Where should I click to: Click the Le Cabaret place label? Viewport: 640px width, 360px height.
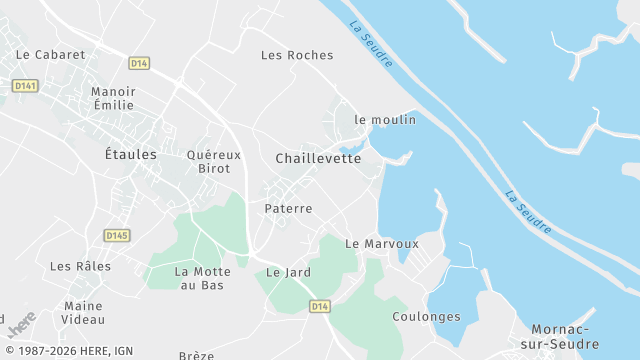pyautogui.click(x=52, y=55)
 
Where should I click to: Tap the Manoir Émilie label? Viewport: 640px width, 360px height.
pyautogui.click(x=113, y=98)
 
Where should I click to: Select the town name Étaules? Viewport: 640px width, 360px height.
pyautogui.click(x=131, y=154)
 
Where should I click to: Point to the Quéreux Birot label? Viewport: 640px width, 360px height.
pyautogui.click(x=214, y=161)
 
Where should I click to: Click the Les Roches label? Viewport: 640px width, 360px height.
pyautogui.click(x=297, y=55)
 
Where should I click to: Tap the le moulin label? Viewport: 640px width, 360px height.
pyautogui.click(x=385, y=119)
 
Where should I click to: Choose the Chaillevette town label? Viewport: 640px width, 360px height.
pyautogui.click(x=318, y=158)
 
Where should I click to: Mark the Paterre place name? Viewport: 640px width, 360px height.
pyautogui.click(x=289, y=209)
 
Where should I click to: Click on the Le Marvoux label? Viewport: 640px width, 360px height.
pyautogui.click(x=381, y=243)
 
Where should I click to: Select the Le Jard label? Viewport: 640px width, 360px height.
pyautogui.click(x=288, y=272)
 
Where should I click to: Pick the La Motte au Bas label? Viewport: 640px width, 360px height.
pyautogui.click(x=200, y=278)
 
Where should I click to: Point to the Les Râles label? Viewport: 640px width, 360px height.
pyautogui.click(x=80, y=266)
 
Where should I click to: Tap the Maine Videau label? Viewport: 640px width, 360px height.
pyautogui.click(x=84, y=313)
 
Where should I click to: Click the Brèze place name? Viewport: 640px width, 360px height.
pyautogui.click(x=196, y=355)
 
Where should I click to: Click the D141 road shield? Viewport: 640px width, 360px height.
pyautogui.click(x=25, y=86)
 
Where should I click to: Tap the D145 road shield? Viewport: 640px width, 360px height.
pyautogui.click(x=117, y=235)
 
